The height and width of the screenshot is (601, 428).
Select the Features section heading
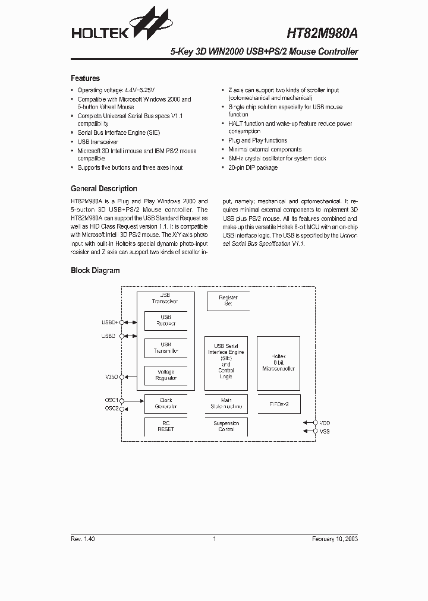pyautogui.click(x=85, y=78)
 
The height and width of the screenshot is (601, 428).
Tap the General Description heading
pyautogui.click(x=103, y=189)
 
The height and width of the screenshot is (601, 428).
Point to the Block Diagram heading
pyautogui.click(x=95, y=271)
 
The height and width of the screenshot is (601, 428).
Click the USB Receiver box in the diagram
pyautogui.click(x=166, y=321)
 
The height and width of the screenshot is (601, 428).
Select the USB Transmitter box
pyautogui.click(x=166, y=348)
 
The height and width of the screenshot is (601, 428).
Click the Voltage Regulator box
pyautogui.click(x=166, y=375)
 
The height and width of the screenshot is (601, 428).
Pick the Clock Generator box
pyautogui.click(x=166, y=404)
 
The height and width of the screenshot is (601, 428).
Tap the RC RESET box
pyautogui.click(x=166, y=426)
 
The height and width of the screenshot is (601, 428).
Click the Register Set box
pyautogui.click(x=228, y=300)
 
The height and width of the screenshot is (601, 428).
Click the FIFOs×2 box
pyautogui.click(x=278, y=404)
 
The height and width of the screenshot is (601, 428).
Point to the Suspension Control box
pyautogui.click(x=226, y=426)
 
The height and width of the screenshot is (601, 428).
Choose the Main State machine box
pyautogui.click(x=226, y=404)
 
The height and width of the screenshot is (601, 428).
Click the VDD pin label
pyautogui.click(x=325, y=423)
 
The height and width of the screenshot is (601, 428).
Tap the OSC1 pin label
pyautogui.click(x=111, y=400)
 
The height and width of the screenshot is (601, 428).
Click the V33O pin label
pyautogui.click(x=111, y=377)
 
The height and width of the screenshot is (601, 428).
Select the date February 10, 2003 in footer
pyautogui.click(x=335, y=539)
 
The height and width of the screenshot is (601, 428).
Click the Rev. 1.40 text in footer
pyautogui.click(x=83, y=539)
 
